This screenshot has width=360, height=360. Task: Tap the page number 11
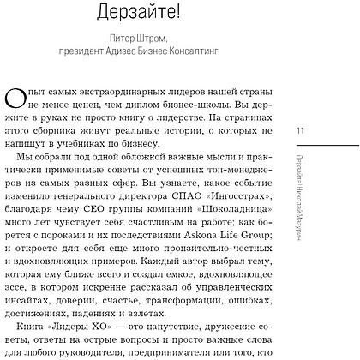pyautogui.click(x=299, y=130)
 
